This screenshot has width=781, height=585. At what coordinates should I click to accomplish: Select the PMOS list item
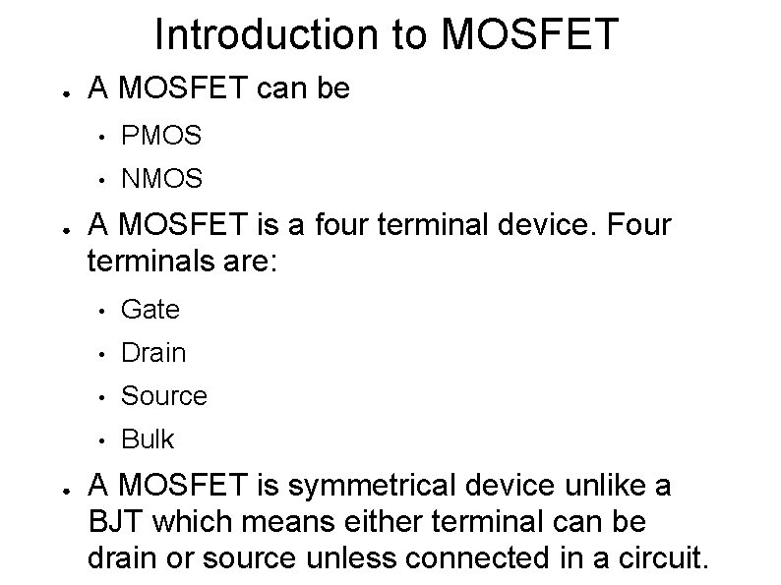[x=161, y=136]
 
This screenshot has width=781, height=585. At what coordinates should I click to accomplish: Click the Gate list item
[x=150, y=310]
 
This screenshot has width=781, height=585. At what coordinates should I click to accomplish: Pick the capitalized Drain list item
[x=152, y=352]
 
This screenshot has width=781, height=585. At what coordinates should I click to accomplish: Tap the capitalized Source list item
[x=163, y=395]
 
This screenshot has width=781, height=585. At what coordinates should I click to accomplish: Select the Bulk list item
[x=147, y=439]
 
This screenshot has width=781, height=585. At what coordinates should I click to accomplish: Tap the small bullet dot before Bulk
[x=98, y=439]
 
